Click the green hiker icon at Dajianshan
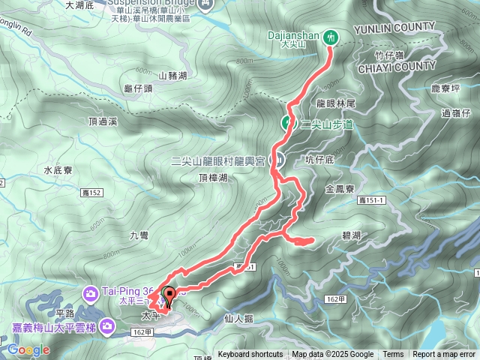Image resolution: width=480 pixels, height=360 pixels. click(x=331, y=36)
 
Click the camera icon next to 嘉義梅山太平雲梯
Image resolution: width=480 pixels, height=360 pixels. click(x=108, y=325)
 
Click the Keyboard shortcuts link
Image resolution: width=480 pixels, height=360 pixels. click(x=250, y=355)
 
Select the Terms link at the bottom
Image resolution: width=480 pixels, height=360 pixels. click(x=393, y=355)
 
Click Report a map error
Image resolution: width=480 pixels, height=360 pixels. click(x=444, y=355)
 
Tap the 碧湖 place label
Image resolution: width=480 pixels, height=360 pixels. click(x=351, y=235)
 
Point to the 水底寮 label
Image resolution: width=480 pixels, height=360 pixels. click(x=58, y=170)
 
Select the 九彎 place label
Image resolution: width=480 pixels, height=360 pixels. click(x=139, y=235)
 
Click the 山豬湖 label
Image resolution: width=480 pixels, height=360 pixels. click(x=172, y=76)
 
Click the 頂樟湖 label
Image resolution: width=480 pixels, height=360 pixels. click(x=213, y=177)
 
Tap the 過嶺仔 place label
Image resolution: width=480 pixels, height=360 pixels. click(x=456, y=113)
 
